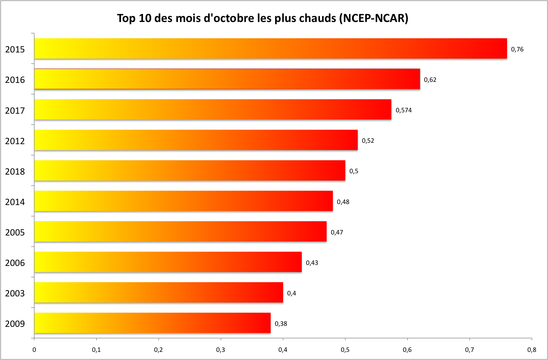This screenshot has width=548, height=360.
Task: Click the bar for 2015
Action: point(271,49)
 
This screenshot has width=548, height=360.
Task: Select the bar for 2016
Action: point(227,79)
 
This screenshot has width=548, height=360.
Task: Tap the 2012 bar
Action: point(196,140)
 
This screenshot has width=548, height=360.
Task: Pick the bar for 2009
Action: point(152,323)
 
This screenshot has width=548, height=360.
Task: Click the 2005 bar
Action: point(180,231)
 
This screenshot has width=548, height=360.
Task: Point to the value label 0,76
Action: point(517,49)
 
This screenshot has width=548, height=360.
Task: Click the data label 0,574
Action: point(404,110)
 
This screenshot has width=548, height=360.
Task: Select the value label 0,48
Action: point(343,202)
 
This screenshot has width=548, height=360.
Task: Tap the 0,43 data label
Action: point(312,263)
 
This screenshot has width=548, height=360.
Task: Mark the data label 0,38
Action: point(281,324)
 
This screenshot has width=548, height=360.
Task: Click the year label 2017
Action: point(15,111)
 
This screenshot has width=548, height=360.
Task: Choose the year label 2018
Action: point(15,172)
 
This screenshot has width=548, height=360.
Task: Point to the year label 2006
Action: point(15,263)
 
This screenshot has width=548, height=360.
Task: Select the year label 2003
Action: point(15,293)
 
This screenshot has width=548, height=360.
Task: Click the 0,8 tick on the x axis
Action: point(531,350)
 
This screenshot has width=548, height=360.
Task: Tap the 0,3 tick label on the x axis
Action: point(221,350)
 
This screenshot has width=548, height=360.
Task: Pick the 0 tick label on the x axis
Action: point(34,350)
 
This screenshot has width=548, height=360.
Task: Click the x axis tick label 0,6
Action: point(407,350)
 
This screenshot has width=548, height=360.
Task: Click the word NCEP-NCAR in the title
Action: point(373,18)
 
